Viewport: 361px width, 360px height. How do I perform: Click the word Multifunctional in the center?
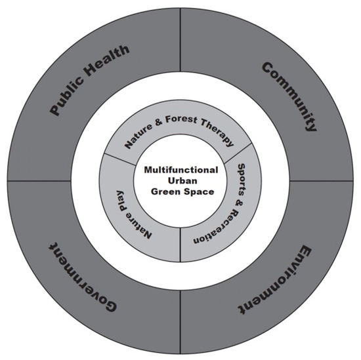(180, 170)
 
